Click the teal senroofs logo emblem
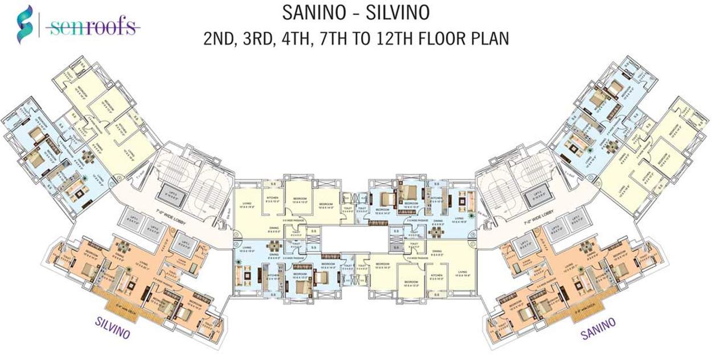(23, 25)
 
